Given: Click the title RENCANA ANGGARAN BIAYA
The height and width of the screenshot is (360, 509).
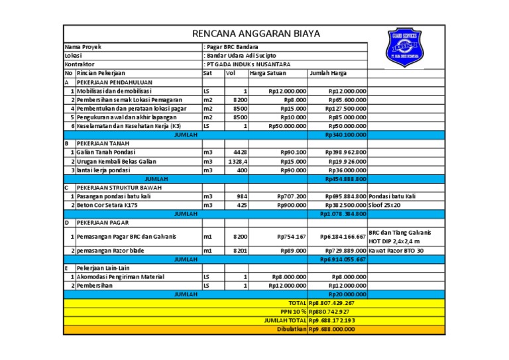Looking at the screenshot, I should click(255, 33).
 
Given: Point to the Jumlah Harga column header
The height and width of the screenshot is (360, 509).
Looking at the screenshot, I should click(327, 73).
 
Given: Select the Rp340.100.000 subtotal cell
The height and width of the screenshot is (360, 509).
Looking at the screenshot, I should click(345, 135).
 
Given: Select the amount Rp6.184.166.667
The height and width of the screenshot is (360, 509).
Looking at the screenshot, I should click(342, 237).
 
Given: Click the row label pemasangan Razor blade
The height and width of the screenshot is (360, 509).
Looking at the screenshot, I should click(112, 251).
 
